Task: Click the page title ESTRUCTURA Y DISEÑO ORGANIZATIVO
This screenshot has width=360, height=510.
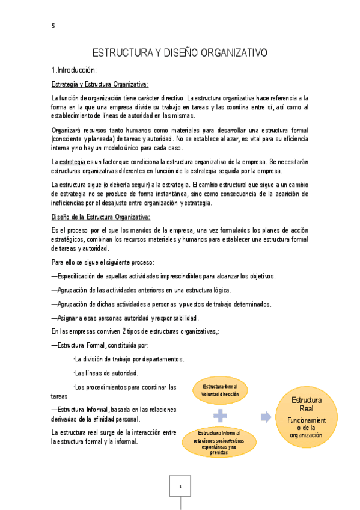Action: click(179, 53)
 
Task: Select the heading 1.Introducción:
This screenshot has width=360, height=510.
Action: click(75, 70)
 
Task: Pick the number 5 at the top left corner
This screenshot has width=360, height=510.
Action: click(53, 25)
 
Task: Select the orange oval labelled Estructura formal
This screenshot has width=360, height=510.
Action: click(220, 390)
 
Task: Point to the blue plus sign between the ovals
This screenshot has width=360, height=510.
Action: click(221, 416)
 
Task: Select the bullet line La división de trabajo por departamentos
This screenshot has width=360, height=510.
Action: click(128, 359)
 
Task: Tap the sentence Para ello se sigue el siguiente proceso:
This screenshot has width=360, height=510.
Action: click(103, 262)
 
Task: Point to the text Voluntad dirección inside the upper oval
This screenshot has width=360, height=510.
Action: click(220, 394)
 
